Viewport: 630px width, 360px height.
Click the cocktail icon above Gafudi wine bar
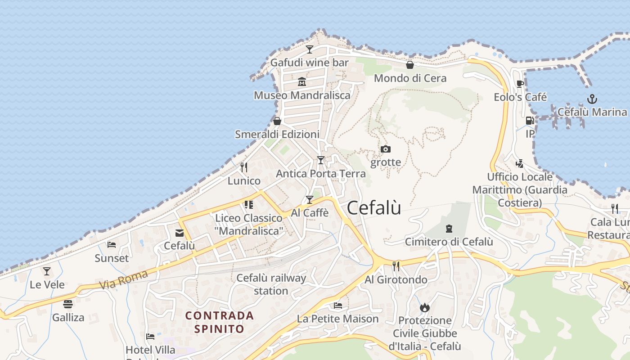pos(310,49)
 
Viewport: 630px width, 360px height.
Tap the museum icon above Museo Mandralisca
pos(301,82)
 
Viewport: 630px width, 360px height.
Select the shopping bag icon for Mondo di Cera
pos(410,65)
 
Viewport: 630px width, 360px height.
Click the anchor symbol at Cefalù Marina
pos(592,99)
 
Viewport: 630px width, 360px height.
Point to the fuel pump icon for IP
pos(530,121)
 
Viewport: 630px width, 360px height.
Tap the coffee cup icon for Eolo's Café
pos(520,84)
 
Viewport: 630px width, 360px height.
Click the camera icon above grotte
pos(386,149)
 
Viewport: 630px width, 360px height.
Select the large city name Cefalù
pos(374,208)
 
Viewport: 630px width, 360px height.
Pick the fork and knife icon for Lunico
pos(244,167)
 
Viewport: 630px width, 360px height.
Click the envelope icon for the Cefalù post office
pos(180,233)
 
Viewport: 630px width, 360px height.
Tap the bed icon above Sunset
pos(112,245)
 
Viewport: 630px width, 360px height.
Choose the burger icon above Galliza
pos(68,304)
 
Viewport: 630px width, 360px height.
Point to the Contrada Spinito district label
pos(220,322)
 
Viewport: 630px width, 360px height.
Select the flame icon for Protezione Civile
pos(425,307)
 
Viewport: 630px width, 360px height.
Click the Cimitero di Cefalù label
pos(449,242)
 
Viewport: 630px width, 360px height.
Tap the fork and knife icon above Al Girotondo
pos(396,266)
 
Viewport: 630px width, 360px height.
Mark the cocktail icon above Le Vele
pos(47,271)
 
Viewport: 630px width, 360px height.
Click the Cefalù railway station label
pos(271,284)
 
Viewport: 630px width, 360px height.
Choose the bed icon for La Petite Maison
pos(338,306)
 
